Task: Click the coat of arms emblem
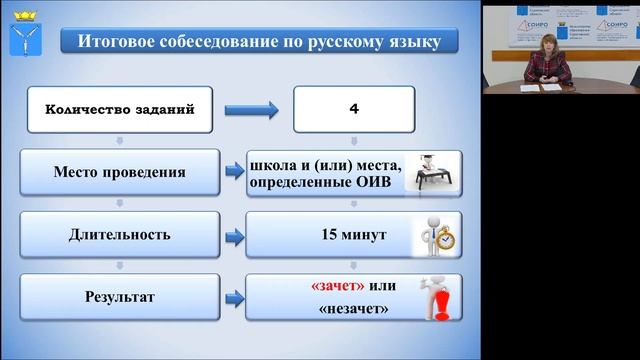23,39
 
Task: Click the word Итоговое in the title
113,42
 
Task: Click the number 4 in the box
352,111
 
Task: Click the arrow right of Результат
234,298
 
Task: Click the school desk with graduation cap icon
434,172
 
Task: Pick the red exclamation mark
442,300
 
